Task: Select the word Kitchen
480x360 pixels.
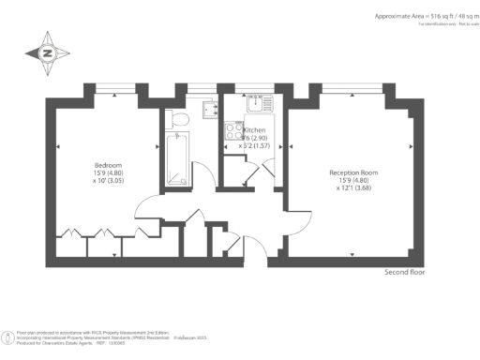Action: click(255, 130)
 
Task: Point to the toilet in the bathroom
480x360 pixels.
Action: click(181, 118)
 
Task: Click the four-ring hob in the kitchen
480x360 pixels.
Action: click(231, 130)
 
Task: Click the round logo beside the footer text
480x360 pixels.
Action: click(10, 336)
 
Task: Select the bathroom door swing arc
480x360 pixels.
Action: click(190, 214)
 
